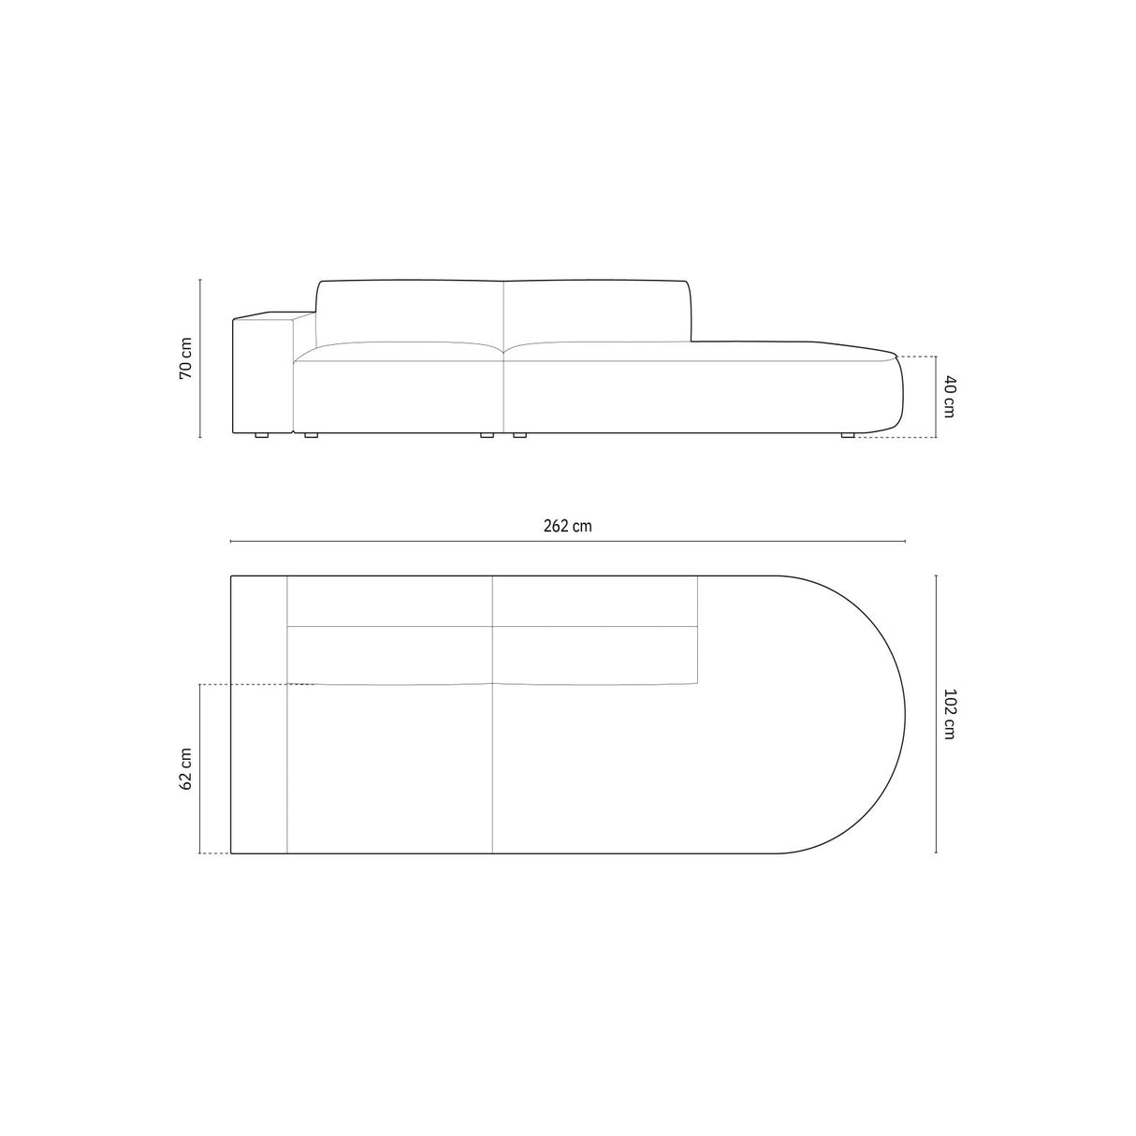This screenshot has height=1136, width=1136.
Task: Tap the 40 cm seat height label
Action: pos(949,396)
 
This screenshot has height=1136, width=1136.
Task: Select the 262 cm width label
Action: pos(567,526)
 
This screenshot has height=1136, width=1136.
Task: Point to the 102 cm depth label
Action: pos(949,714)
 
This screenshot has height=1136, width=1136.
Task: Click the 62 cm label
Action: pos(186,768)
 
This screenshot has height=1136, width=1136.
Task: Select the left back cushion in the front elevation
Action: pos(411,311)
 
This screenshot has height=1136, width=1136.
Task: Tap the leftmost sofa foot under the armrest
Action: pos(261,436)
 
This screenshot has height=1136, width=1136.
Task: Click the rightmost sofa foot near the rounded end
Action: pos(848,435)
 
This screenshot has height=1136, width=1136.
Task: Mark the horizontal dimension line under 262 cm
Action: pos(567,542)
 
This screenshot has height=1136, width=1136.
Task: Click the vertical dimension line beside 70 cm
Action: pos(200,357)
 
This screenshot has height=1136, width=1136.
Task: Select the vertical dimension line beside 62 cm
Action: pos(200,768)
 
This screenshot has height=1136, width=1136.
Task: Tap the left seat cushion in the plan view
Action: pos(389,768)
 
